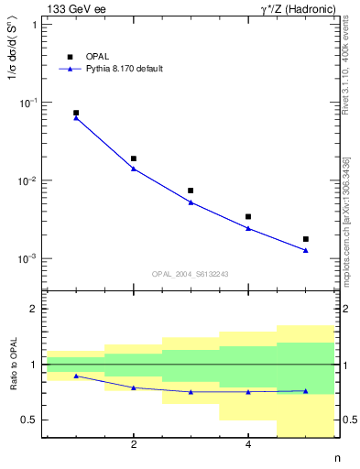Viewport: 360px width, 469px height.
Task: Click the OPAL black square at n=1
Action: pyautogui.click(x=76, y=113)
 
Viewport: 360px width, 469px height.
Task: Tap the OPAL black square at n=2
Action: pyautogui.click(x=134, y=158)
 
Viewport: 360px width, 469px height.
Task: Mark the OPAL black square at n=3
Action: pyautogui.click(x=191, y=191)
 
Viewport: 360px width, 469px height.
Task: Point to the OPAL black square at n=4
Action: pyautogui.click(x=248, y=217)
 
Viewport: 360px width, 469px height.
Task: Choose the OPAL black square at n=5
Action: pyautogui.click(x=306, y=239)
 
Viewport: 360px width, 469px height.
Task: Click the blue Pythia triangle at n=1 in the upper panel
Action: pyautogui.click(x=76, y=117)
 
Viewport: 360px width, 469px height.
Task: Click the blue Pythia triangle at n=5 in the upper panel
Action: pyautogui.click(x=306, y=249)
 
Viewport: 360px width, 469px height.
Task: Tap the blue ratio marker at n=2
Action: pyautogui.click(x=134, y=387)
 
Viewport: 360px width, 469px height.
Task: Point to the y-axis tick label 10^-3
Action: pyautogui.click(x=27, y=259)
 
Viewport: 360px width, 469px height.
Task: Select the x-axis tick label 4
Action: pyautogui.click(x=248, y=445)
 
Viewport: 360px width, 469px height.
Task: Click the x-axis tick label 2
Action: pyautogui.click(x=134, y=445)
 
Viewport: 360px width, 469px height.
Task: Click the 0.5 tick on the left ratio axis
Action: pyautogui.click(x=30, y=420)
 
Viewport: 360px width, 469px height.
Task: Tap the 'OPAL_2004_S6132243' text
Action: pyautogui.click(x=191, y=274)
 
